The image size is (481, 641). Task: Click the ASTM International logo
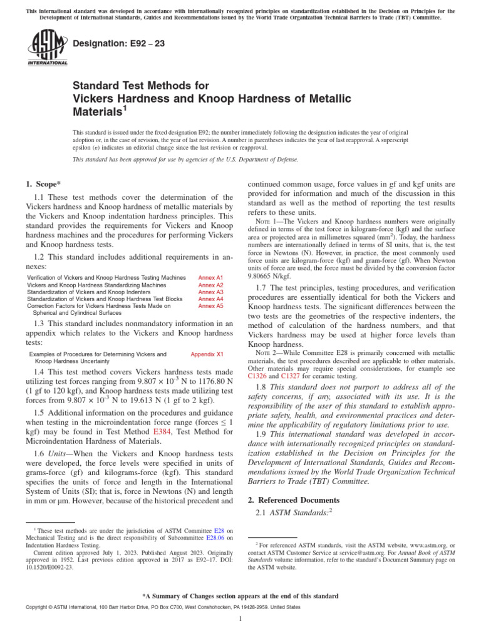click(x=46, y=48)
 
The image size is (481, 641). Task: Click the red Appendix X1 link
click(x=207, y=354)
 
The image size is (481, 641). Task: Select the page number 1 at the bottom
click(x=240, y=619)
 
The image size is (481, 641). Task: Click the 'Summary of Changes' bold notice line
click(x=240, y=596)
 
